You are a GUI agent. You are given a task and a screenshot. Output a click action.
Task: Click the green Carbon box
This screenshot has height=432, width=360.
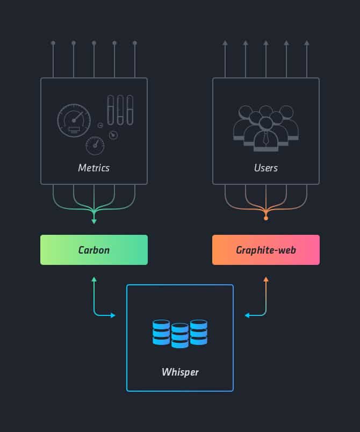pos(94,250)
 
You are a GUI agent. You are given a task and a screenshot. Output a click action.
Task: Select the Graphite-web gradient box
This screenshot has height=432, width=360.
pos(266,250)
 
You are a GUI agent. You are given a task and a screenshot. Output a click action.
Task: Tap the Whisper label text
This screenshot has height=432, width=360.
pos(179,372)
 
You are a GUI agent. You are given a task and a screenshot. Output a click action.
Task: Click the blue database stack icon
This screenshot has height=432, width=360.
pos(180,333)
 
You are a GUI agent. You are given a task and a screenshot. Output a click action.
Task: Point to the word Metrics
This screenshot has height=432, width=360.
pos(94,168)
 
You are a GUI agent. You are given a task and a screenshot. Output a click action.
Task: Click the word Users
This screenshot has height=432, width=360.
pos(266,168)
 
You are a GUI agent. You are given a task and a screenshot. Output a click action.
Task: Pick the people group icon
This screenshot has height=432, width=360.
pos(266,127)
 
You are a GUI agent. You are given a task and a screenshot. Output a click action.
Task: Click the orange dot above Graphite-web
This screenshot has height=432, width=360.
pos(266,219)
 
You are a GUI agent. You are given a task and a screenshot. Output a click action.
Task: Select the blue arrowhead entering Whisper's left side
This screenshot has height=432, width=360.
pos(113,315)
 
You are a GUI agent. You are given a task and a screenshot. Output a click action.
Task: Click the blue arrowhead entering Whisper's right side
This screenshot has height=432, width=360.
pos(247,315)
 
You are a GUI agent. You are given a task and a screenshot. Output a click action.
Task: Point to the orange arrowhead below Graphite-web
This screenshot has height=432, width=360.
pos(266,279)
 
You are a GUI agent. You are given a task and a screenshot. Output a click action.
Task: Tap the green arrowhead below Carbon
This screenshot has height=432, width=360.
pos(94,279)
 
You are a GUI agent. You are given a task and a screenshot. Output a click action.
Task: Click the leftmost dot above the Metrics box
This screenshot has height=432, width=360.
pos(53,42)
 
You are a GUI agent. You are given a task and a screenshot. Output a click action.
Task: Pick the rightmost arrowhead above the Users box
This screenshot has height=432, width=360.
pos(307,42)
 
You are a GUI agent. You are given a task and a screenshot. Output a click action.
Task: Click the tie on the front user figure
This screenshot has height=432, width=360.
pos(266,139)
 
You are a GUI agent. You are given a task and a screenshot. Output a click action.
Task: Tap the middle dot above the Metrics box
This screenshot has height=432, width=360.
pos(94,42)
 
